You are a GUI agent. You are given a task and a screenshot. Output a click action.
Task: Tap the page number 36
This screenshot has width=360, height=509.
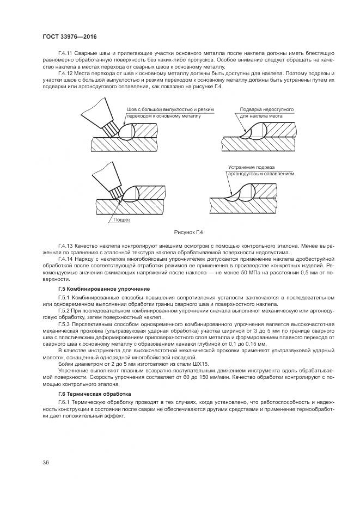pyautogui.click(x=46, y=463)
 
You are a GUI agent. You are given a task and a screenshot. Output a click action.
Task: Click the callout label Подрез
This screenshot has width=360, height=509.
pyautogui.click(x=121, y=220)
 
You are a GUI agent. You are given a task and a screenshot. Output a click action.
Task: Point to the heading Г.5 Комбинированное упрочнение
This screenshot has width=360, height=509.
pyautogui.click(x=104, y=287)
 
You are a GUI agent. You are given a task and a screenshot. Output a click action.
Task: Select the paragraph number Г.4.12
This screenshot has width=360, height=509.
pyautogui.click(x=65, y=73)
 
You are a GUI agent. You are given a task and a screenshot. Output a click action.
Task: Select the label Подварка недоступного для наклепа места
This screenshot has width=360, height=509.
pyautogui.click(x=266, y=113)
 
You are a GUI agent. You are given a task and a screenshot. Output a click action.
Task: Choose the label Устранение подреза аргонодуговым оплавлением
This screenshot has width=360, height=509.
pyautogui.click(x=260, y=170)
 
